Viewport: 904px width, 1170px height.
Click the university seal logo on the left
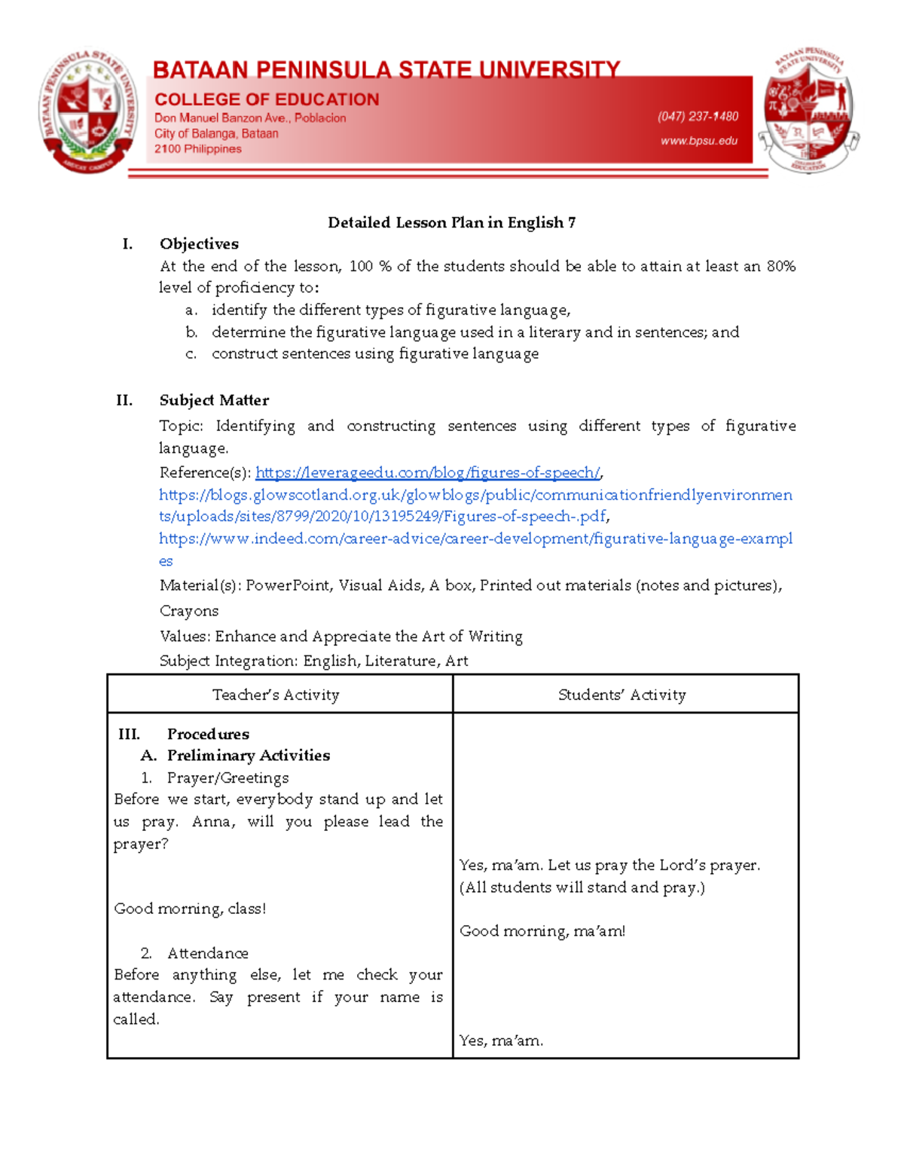tap(88, 112)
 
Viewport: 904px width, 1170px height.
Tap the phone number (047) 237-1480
tap(698, 116)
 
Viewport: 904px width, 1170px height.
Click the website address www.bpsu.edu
tap(699, 141)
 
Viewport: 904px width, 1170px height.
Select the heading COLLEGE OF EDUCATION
tap(267, 99)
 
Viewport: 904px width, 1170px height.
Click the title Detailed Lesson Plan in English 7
tap(451, 222)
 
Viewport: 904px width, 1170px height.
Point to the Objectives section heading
tap(199, 244)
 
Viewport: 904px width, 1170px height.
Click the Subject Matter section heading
tap(214, 400)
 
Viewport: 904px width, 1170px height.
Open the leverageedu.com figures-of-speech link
tap(427, 472)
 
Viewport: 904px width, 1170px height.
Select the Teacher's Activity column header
tap(276, 695)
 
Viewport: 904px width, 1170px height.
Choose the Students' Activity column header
tap(621, 695)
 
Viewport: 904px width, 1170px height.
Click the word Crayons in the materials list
tap(189, 611)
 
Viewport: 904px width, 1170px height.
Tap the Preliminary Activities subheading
tap(248, 755)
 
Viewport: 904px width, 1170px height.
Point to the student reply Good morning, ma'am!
tap(542, 931)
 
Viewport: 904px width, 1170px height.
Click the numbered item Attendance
tap(207, 953)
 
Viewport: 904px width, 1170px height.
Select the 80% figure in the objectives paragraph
tap(780, 266)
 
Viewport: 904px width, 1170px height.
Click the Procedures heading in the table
tap(208, 734)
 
